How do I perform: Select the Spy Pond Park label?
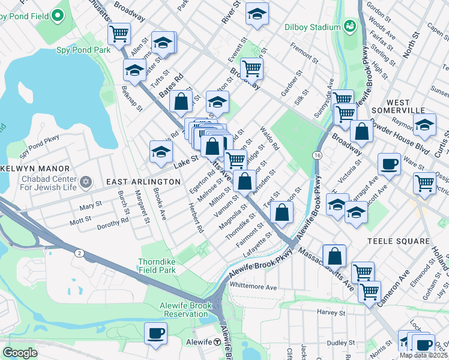[83, 50]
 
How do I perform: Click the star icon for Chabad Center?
[86, 181]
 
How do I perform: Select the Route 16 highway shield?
[316, 155]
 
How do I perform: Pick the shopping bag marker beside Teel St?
[282, 212]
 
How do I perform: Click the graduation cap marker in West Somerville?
[425, 126]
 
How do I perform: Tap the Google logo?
[20, 352]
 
